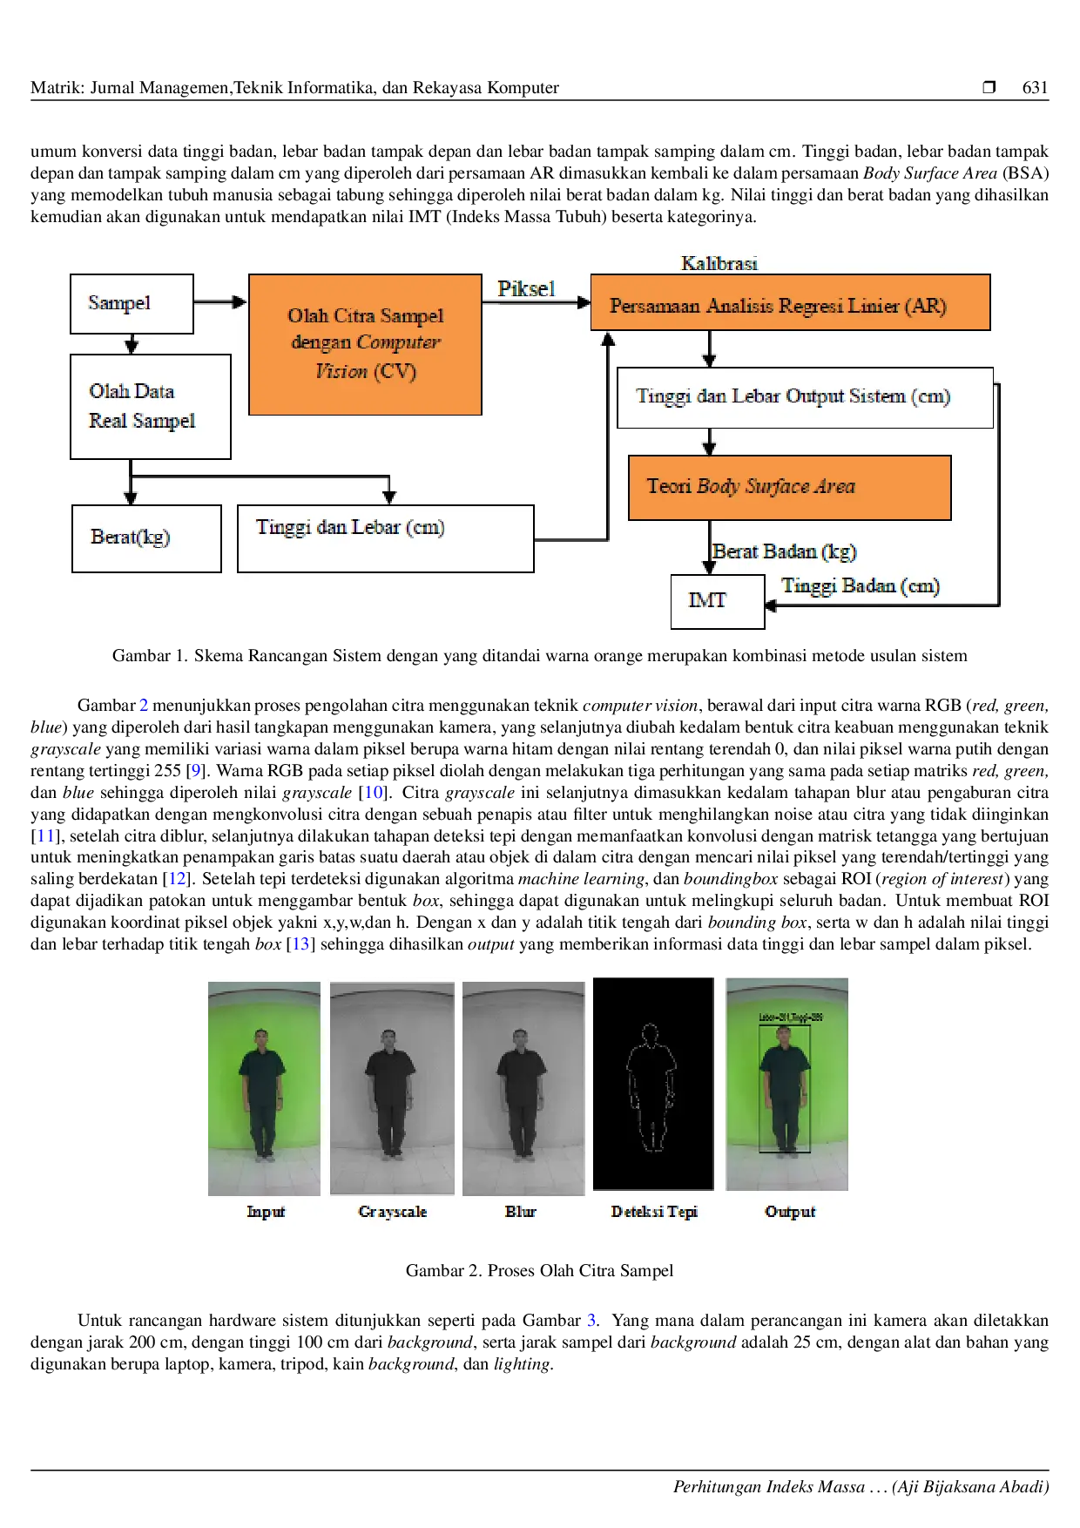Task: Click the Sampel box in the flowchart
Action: pyautogui.click(x=132, y=303)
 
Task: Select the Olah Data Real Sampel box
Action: pyautogui.click(x=150, y=406)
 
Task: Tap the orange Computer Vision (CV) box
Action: pyautogui.click(x=365, y=344)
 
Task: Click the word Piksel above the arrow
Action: pyautogui.click(x=526, y=289)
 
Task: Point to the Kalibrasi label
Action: pyautogui.click(x=719, y=263)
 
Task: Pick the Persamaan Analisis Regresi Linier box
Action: pyautogui.click(x=790, y=303)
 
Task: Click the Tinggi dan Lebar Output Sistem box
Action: pyautogui.click(x=804, y=397)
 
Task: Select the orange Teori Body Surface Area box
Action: pyautogui.click(x=789, y=487)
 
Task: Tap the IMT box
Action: pyautogui.click(x=717, y=601)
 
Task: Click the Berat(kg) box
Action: pyautogui.click(x=146, y=538)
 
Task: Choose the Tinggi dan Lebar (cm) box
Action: pyautogui.click(x=385, y=538)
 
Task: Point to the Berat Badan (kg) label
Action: pyautogui.click(x=785, y=551)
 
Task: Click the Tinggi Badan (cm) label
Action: pyautogui.click(x=861, y=585)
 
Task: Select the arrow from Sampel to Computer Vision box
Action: pyautogui.click(x=220, y=302)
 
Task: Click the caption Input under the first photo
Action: pyautogui.click(x=266, y=1212)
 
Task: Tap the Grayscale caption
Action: pyautogui.click(x=393, y=1212)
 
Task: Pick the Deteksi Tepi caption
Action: pyautogui.click(x=654, y=1212)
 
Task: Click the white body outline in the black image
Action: pyautogui.click(x=651, y=1089)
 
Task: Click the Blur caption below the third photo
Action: pyautogui.click(x=521, y=1212)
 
